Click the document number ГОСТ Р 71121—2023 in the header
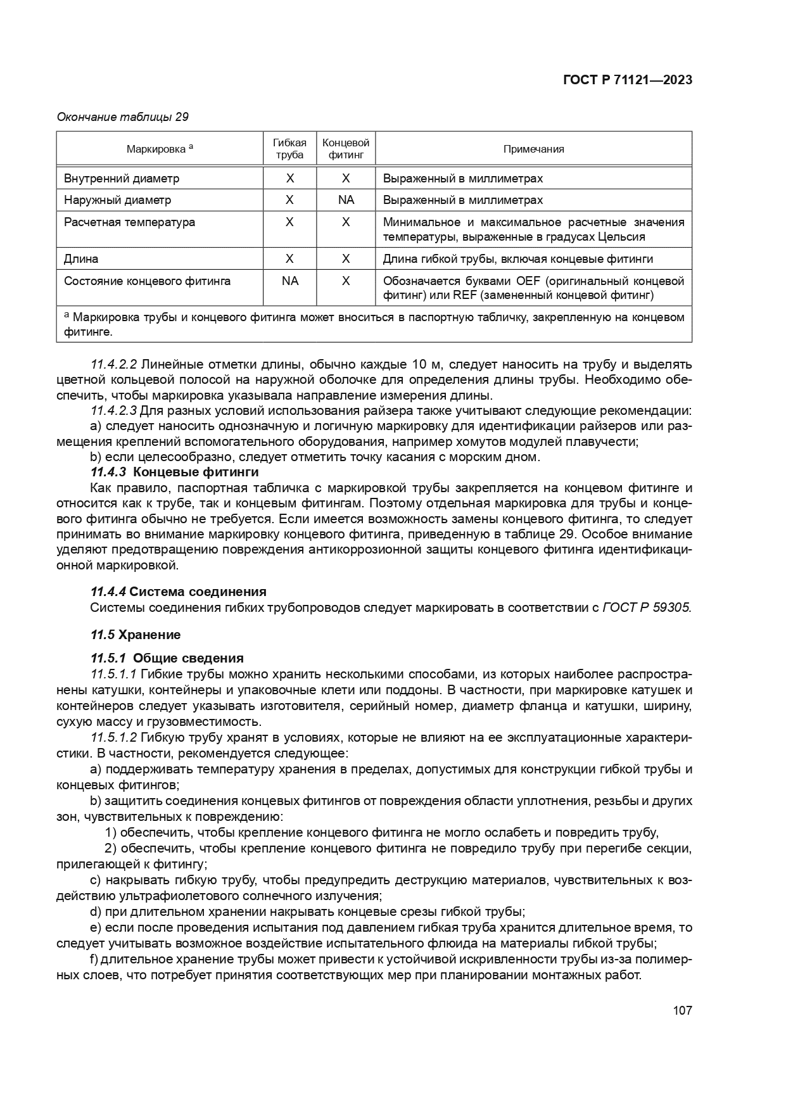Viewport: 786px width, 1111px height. tap(626, 80)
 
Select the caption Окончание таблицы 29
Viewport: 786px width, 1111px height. tap(123, 117)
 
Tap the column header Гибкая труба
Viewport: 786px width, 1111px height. tap(289, 149)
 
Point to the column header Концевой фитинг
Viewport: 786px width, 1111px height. tap(345, 149)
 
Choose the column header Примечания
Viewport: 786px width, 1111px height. tap(533, 149)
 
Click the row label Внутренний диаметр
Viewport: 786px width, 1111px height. tap(122, 179)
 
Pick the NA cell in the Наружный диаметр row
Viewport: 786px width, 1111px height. tap(346, 200)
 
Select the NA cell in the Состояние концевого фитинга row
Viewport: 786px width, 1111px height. tap(289, 281)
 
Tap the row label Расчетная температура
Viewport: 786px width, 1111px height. tap(129, 222)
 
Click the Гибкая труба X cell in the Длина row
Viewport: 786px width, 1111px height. tap(289, 258)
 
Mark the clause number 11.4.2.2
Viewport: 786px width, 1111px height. tap(114, 365)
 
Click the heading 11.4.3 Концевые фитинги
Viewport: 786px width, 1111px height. tap(175, 472)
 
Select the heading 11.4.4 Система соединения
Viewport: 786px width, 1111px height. tap(179, 592)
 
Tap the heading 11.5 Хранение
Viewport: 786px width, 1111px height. tap(136, 635)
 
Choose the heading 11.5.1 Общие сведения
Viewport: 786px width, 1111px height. tap(167, 658)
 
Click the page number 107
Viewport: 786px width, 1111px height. tap(682, 1010)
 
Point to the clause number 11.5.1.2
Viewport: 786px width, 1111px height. tap(114, 738)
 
